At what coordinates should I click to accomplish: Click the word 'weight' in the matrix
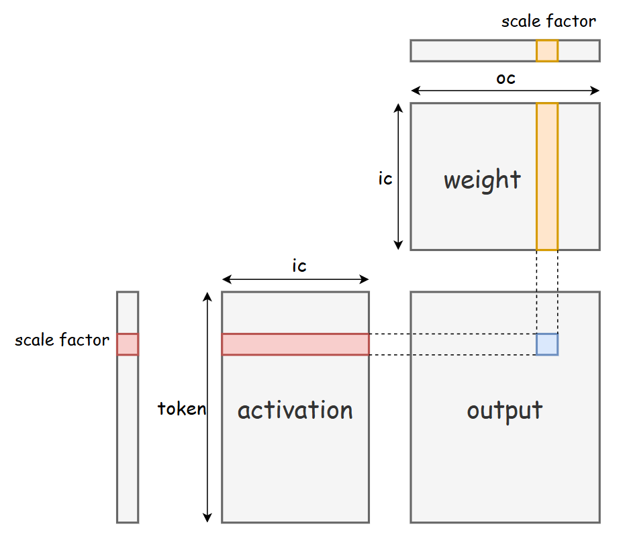pos(482,180)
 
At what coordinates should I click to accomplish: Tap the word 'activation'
pos(295,410)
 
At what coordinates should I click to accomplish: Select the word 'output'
pos(505,410)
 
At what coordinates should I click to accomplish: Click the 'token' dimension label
pos(181,409)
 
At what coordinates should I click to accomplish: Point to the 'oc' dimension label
pos(505,78)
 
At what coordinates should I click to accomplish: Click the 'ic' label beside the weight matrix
pos(385,180)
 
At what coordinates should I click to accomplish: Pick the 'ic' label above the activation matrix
pos(299,266)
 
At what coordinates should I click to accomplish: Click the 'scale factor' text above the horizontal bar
pos(548,21)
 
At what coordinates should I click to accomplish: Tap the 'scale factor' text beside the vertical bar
pos(62,340)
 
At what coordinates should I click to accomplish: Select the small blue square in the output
pos(547,344)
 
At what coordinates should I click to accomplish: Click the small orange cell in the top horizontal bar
pos(547,51)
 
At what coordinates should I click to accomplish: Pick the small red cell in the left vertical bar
pos(128,344)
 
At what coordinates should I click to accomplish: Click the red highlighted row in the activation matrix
pos(295,344)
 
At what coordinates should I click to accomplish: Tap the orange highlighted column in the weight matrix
pos(547,177)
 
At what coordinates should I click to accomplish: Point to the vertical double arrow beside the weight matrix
pos(399,177)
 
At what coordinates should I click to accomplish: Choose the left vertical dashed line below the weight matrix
pos(536,292)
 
